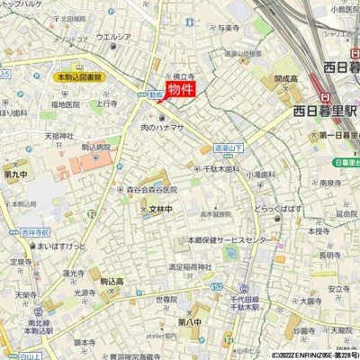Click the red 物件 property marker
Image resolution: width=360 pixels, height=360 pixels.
180,89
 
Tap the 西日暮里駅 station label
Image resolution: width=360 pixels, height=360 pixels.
325,111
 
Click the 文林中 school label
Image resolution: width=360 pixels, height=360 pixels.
159,210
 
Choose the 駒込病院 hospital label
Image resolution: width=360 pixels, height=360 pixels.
95,147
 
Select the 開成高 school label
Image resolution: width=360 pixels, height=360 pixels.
286,79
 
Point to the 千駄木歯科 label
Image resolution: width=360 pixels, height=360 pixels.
220,168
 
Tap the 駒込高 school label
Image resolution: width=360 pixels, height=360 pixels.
115,282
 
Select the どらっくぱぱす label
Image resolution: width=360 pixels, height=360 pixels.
277,208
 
